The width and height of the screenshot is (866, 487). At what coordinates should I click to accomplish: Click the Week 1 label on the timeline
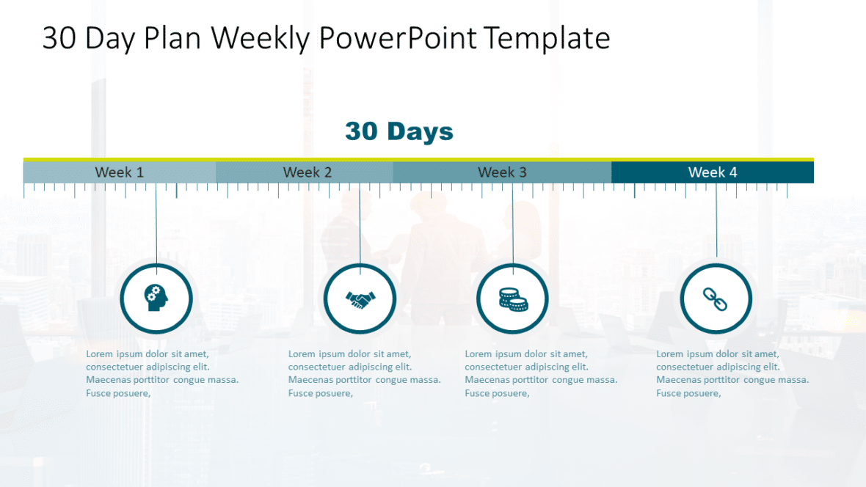coord(120,172)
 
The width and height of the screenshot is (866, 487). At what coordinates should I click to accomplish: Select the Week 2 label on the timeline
coord(308,172)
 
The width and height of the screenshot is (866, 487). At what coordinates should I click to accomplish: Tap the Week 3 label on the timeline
coord(502,172)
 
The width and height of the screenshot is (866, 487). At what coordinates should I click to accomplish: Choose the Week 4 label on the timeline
coord(713,172)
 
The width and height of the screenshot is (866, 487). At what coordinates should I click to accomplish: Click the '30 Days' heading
coord(399,131)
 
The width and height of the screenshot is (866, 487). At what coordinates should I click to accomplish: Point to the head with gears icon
coord(156,299)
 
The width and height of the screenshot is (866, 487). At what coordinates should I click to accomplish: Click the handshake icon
coord(360,299)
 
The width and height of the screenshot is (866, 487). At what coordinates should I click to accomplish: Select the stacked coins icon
coord(512,299)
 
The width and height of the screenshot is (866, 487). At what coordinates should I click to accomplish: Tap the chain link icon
coord(716,299)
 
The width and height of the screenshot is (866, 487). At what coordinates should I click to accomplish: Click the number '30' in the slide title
coord(59,38)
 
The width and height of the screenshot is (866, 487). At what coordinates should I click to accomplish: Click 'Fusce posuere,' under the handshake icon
coord(321,393)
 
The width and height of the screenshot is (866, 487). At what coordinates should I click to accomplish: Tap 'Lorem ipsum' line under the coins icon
coord(526,354)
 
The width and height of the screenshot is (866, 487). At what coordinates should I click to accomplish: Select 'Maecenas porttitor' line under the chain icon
coord(732,380)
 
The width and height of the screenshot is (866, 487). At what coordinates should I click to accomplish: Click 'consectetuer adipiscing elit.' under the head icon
coord(148,367)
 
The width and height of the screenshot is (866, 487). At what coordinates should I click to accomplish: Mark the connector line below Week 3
coord(513,224)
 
